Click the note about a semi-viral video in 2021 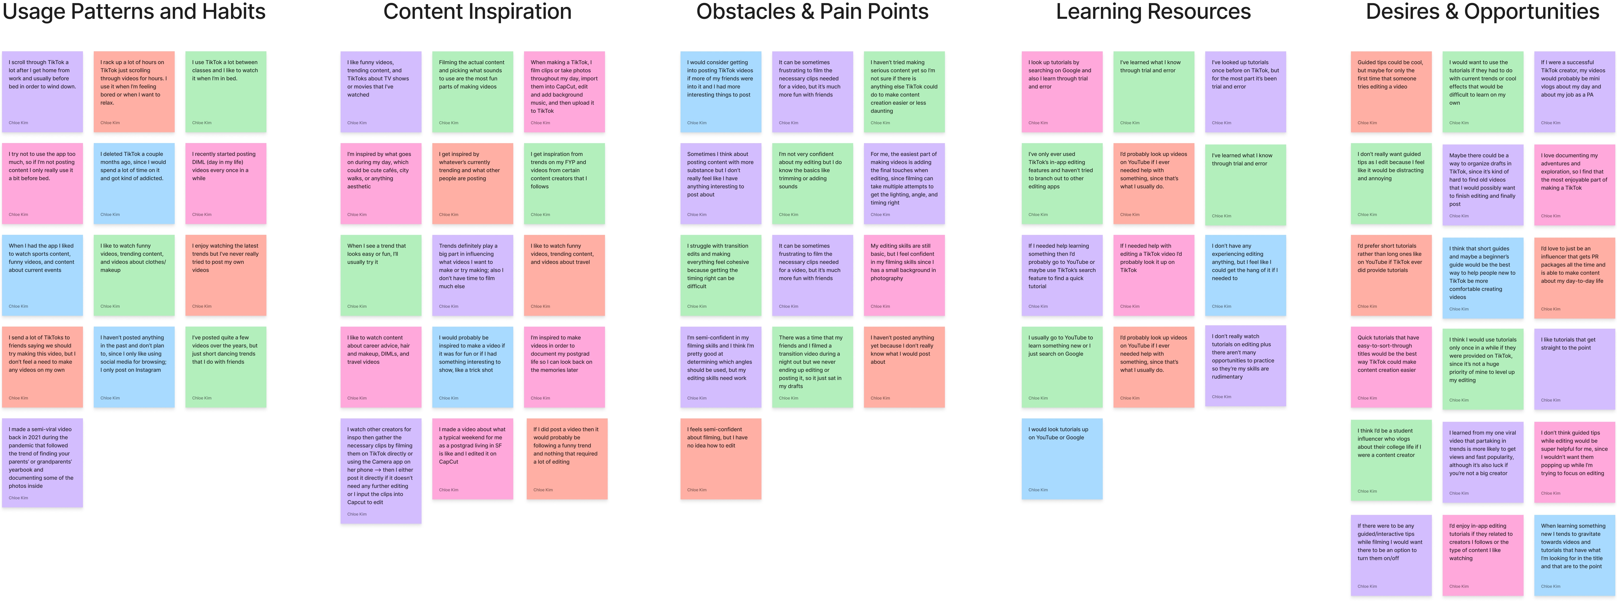pos(42,462)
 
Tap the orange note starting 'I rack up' pos(134,91)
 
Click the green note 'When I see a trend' pos(380,274)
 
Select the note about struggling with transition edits pos(720,274)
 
